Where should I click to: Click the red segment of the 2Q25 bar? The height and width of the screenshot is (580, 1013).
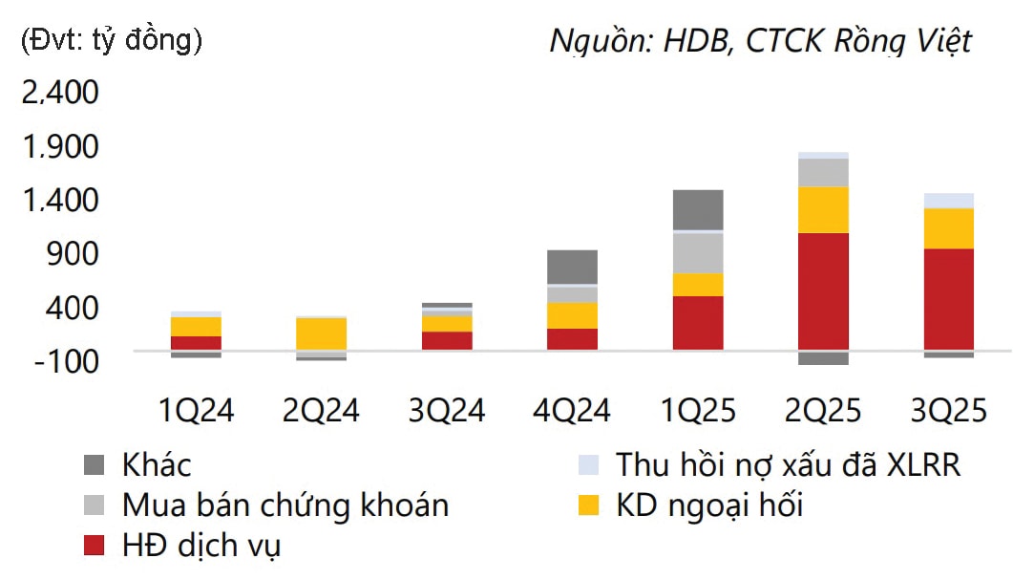point(823,290)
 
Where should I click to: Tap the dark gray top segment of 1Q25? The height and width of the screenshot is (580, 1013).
point(697,209)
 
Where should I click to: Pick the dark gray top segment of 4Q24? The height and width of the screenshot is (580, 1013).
point(572,267)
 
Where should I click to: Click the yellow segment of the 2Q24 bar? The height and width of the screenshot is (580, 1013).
point(321,333)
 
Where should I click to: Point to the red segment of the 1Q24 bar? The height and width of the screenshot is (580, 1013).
point(196,342)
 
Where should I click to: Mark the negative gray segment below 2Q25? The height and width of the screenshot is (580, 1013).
point(823,357)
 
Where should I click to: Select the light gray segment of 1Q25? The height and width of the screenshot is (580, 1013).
point(697,252)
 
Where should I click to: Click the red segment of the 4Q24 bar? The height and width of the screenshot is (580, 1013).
point(572,339)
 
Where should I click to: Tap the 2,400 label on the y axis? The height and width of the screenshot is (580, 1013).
point(59,93)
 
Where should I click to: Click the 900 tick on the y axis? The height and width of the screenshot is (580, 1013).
point(71,254)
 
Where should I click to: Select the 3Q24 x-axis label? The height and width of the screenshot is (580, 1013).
point(446,410)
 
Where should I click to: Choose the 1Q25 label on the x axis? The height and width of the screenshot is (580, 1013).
point(697,410)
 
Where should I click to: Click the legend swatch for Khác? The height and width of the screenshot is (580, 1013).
point(95,465)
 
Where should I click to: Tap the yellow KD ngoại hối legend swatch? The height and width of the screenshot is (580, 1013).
point(589,505)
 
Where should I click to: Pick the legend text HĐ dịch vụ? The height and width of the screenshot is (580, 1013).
point(200,546)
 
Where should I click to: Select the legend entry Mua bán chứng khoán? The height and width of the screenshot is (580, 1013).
point(285,505)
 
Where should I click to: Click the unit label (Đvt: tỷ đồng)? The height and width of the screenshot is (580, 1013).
point(111,40)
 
